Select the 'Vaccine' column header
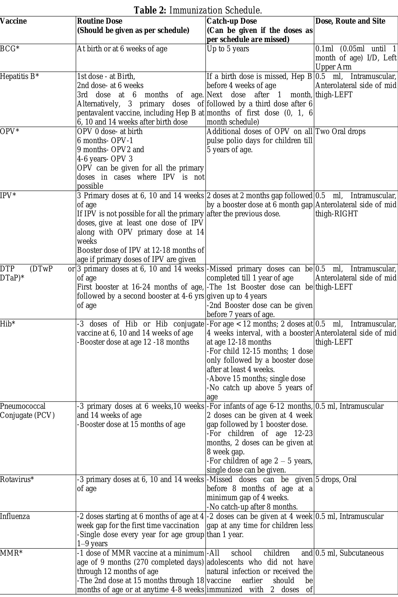coord(13,21)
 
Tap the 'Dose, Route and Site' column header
coord(350,21)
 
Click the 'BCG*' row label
coord(10,49)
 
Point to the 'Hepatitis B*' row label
coord(19,76)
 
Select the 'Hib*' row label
coord(8,324)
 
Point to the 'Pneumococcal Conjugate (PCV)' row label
coord(27,411)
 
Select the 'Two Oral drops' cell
coord(340,131)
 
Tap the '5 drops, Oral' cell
coord(336,479)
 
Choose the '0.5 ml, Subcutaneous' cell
coord(349,553)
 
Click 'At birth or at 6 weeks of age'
coord(122,49)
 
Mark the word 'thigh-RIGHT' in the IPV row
coord(336,214)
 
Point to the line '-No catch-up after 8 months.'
coord(252,507)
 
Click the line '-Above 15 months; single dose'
coord(256,379)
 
